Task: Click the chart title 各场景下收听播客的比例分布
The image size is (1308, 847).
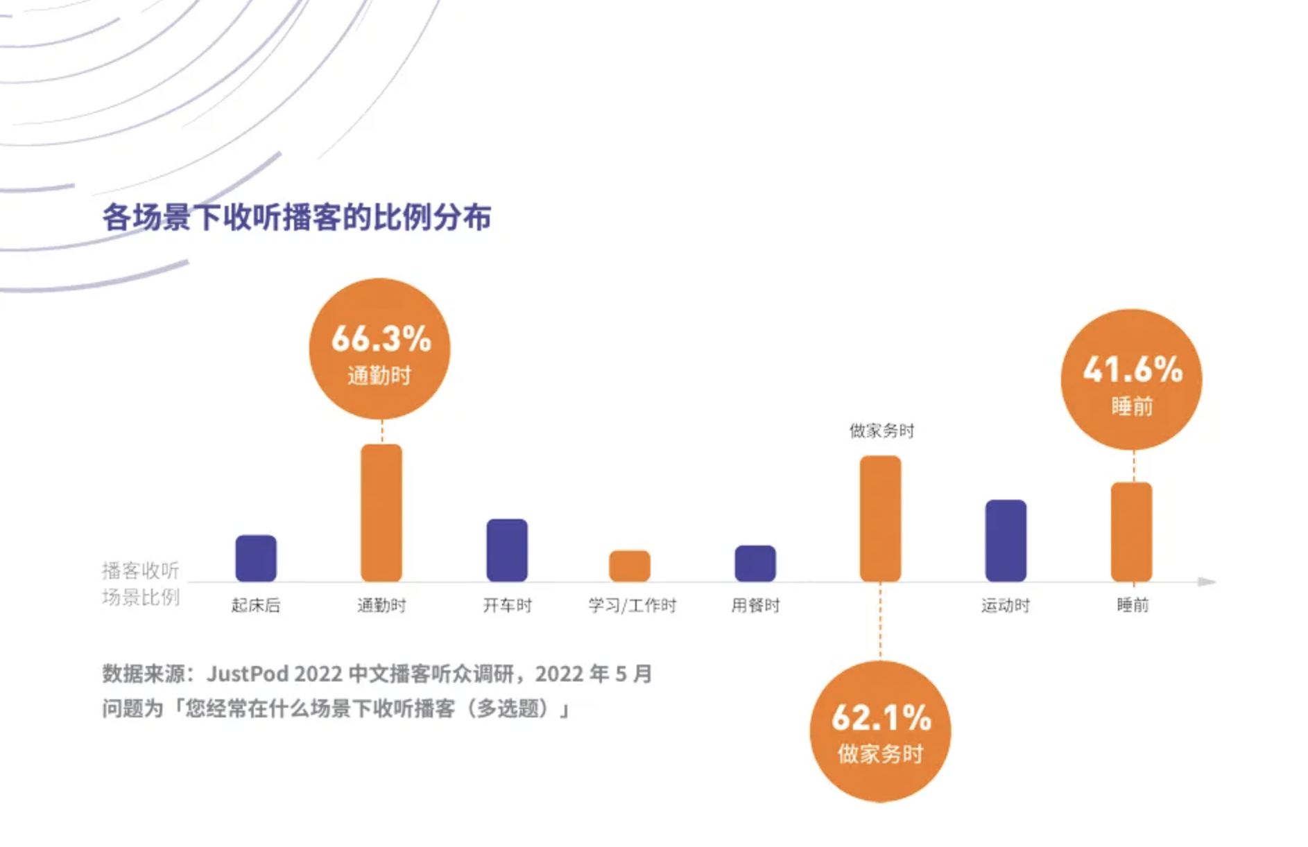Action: pos(297,218)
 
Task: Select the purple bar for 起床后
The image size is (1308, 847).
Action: pos(256,558)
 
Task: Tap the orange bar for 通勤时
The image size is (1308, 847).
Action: pos(381,513)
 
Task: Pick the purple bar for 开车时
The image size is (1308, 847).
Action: pos(507,550)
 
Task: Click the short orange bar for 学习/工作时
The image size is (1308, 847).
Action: pos(630,566)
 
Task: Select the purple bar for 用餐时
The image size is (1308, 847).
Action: pos(755,563)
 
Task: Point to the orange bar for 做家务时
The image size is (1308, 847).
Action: pos(881,518)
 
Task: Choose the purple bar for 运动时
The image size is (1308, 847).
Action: pos(1006,541)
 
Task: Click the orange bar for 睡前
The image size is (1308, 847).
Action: pos(1132,532)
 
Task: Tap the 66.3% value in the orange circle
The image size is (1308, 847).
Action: pos(381,339)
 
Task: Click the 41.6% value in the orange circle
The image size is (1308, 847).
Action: pos(1133,369)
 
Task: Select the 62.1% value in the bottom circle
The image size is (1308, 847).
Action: pos(881,718)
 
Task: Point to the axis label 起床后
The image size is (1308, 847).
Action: pos(256,606)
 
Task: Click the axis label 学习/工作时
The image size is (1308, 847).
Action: pos(632,606)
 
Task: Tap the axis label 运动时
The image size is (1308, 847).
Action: pos(1006,606)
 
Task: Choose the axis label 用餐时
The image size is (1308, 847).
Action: pos(755,606)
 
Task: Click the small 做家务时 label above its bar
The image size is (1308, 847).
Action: pos(881,431)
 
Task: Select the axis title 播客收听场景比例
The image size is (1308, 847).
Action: pos(141,584)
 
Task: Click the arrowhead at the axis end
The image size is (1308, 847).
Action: pos(1207,582)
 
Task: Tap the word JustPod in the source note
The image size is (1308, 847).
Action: pos(247,674)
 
